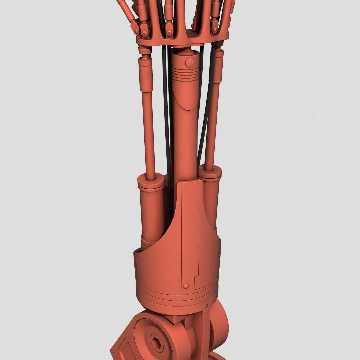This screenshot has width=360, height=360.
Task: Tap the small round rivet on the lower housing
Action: click(186, 286)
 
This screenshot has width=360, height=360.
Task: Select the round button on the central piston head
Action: click(189, 62)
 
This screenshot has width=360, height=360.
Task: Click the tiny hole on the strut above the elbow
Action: click(207, 305)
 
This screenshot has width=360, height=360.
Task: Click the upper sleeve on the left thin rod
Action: click(146, 73)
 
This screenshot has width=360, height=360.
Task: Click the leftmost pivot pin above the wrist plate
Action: click(136, 31)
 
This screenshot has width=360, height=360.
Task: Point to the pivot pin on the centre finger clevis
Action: click(169, 33)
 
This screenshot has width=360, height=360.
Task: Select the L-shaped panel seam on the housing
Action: click(197, 280)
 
